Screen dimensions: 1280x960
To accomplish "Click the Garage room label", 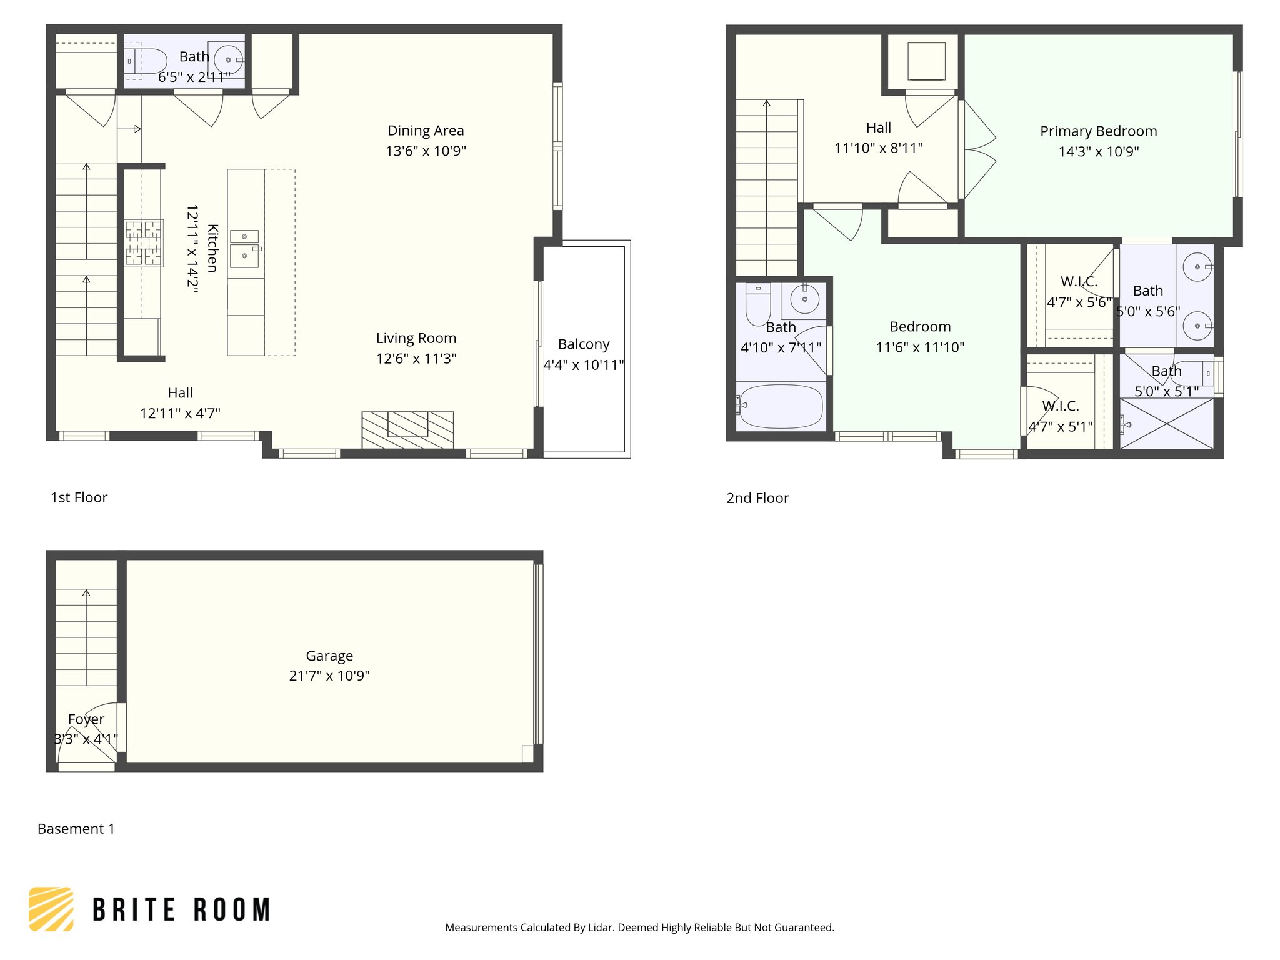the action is click(x=329, y=656).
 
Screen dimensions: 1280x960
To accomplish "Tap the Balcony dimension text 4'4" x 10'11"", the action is click(x=583, y=365).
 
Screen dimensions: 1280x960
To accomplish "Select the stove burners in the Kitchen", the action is click(x=144, y=243).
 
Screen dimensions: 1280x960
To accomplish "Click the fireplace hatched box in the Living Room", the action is click(x=407, y=429).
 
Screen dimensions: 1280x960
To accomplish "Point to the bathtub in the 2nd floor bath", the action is click(x=780, y=406).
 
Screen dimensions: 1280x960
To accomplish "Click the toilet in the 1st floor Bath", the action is click(x=146, y=61).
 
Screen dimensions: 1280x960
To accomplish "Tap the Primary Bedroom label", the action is click(x=1098, y=131).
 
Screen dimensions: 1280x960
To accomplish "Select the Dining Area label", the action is click(x=426, y=131).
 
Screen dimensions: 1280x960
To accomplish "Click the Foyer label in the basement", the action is click(x=86, y=719).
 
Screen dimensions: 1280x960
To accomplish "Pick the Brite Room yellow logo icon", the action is click(x=51, y=909).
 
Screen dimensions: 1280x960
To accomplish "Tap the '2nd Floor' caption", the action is click(x=757, y=498).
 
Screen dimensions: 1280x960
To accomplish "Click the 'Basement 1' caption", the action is click(x=76, y=829).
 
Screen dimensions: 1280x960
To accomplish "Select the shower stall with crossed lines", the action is click(x=1166, y=424).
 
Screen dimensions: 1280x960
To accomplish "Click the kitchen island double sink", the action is click(x=244, y=247).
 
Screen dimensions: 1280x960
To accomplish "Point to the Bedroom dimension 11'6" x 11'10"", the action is click(x=920, y=347).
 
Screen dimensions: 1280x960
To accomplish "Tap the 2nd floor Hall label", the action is click(x=878, y=127).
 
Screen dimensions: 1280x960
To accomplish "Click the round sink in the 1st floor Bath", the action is click(x=228, y=60).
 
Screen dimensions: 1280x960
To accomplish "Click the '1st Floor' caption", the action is click(x=79, y=497).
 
